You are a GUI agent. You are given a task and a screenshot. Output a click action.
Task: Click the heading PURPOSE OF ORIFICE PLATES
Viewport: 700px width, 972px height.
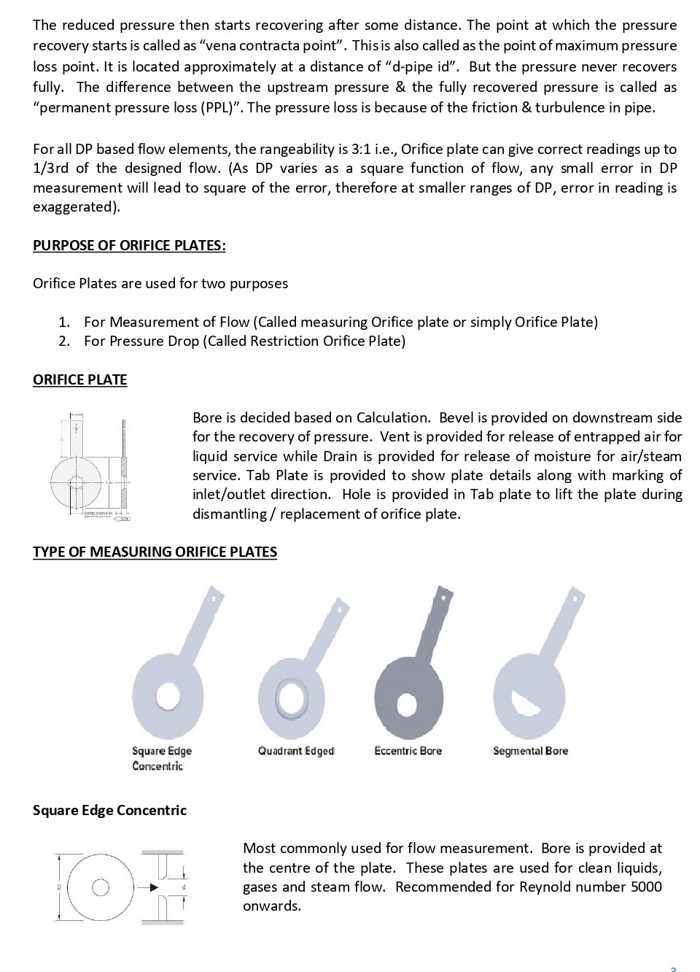pyautogui.click(x=129, y=245)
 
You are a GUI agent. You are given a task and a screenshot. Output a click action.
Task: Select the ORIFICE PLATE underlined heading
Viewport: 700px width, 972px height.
pyautogui.click(x=79, y=379)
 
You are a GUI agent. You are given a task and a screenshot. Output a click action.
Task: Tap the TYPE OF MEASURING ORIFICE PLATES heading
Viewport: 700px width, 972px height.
pyautogui.click(x=155, y=552)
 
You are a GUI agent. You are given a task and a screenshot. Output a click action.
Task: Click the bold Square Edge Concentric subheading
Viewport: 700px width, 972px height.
pyautogui.click(x=109, y=810)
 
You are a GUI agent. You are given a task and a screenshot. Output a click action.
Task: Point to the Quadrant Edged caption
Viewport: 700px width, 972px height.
pyautogui.click(x=296, y=751)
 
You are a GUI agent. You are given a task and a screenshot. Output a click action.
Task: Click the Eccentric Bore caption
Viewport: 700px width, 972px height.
pyautogui.click(x=408, y=751)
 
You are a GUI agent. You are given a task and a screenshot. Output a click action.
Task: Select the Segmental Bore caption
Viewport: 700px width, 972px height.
pyautogui.click(x=530, y=751)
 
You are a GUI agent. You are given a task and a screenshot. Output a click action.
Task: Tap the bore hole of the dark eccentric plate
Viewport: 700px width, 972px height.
pyautogui.click(x=408, y=705)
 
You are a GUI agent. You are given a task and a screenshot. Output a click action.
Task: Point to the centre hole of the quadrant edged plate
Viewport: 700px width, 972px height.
pyautogui.click(x=292, y=696)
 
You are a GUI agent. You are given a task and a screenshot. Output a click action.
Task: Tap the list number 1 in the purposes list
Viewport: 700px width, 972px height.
pyautogui.click(x=64, y=322)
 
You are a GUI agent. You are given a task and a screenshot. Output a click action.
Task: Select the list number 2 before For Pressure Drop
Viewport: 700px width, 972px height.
pyautogui.click(x=64, y=341)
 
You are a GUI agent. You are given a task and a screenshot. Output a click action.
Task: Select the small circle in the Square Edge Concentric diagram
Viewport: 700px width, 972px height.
pyautogui.click(x=101, y=887)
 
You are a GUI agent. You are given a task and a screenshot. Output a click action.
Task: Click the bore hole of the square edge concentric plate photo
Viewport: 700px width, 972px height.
pyautogui.click(x=168, y=695)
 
